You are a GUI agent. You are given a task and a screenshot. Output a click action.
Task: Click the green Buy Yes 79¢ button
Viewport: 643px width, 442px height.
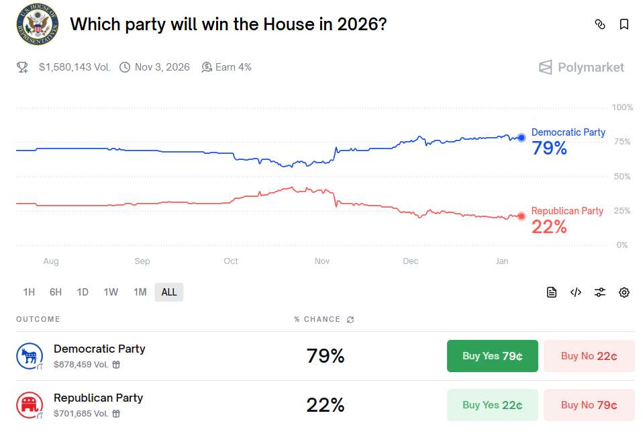click(x=492, y=356)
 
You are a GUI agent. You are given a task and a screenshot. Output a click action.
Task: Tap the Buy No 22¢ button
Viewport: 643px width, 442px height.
click(x=589, y=356)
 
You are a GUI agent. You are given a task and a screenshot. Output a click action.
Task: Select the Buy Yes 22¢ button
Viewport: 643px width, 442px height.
click(x=492, y=405)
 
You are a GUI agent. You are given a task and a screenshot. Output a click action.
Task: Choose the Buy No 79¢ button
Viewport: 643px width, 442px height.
click(x=589, y=405)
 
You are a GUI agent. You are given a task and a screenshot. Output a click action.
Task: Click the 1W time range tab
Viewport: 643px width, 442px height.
click(x=111, y=292)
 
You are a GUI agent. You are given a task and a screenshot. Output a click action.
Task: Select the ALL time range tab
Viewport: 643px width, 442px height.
click(x=169, y=292)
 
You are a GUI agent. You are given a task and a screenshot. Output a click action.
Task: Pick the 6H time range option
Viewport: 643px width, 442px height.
click(x=56, y=292)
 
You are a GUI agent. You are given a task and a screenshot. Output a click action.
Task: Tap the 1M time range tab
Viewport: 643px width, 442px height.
click(x=140, y=292)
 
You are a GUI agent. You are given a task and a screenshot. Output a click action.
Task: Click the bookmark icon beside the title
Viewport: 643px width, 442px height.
click(x=624, y=25)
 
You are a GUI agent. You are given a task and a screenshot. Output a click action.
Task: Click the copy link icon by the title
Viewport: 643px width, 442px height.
click(x=600, y=25)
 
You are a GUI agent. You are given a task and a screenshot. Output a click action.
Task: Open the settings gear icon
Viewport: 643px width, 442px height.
click(x=624, y=292)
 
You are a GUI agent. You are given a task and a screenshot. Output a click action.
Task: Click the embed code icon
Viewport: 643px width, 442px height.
click(x=576, y=292)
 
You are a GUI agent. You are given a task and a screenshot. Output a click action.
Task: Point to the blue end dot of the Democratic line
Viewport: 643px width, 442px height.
click(x=522, y=138)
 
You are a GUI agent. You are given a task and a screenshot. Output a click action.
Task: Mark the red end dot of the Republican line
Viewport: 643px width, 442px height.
click(x=522, y=216)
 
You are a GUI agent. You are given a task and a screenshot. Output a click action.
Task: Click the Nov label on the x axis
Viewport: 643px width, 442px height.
click(x=322, y=261)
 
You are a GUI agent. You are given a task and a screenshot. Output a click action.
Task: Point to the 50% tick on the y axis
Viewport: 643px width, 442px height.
click(x=622, y=176)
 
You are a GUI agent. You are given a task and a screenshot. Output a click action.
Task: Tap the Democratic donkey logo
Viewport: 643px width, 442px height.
click(x=29, y=356)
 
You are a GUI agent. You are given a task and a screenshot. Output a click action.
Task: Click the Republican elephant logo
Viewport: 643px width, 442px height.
click(x=29, y=405)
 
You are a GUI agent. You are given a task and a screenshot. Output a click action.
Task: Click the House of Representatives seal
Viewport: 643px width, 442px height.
click(x=38, y=25)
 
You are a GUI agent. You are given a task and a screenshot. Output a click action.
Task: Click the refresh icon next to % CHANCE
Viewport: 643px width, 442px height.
click(x=350, y=320)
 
